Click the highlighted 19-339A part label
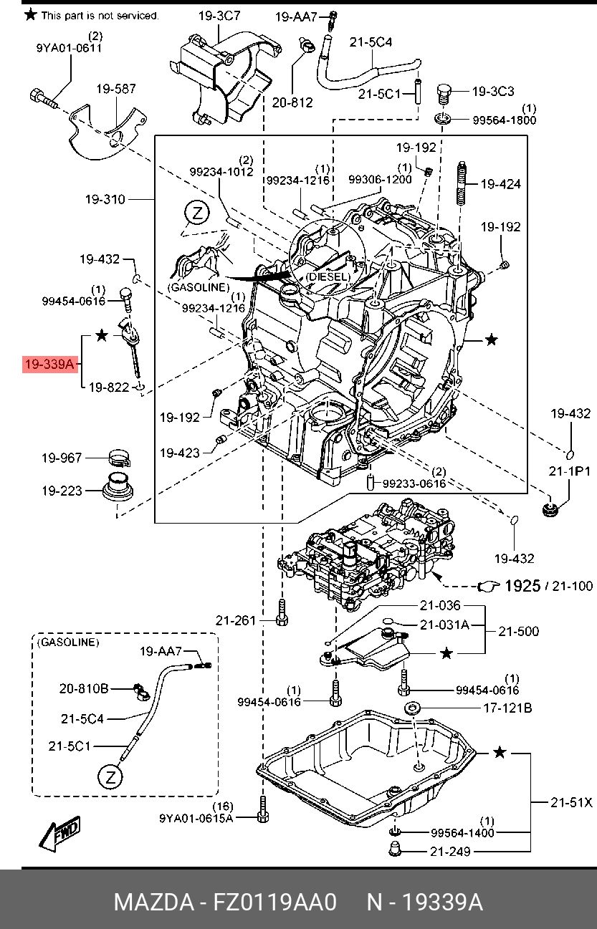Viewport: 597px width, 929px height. [x=49, y=364]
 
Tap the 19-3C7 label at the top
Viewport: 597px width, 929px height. [x=219, y=16]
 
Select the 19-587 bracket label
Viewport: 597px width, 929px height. [x=116, y=89]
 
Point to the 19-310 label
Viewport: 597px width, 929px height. [x=105, y=200]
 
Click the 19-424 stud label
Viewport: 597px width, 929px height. [x=501, y=184]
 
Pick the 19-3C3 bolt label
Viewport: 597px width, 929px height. [x=493, y=91]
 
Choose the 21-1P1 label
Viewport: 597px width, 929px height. [x=569, y=471]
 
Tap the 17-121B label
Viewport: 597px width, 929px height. [x=507, y=708]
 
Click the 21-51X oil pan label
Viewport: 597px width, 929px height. [x=571, y=802]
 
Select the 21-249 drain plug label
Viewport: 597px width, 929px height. [x=450, y=852]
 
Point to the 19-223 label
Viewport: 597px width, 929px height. [x=62, y=491]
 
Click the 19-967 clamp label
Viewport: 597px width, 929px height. [x=62, y=458]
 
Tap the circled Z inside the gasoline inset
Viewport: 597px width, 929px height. [x=110, y=777]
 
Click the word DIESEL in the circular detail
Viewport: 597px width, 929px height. [x=328, y=276]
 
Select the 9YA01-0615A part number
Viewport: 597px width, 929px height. [x=196, y=818]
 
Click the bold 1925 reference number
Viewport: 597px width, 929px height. [x=522, y=586]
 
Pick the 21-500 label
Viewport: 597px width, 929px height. [x=518, y=631]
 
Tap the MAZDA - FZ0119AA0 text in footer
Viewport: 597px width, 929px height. [x=225, y=902]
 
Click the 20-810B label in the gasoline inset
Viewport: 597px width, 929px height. [x=83, y=688]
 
